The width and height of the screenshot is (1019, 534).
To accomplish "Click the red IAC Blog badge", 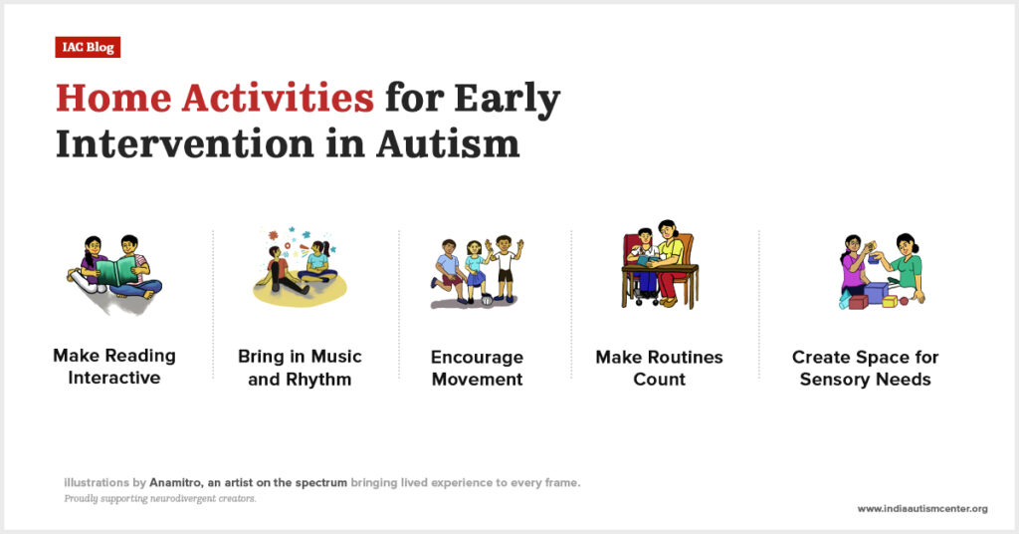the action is (x=88, y=48).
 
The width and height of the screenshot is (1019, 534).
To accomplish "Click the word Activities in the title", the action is (x=278, y=98).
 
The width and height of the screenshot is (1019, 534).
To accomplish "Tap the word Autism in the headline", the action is (x=448, y=143).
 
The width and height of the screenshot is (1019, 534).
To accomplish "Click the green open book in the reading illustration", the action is (x=116, y=271).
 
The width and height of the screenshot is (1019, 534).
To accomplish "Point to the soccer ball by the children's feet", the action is (x=487, y=300).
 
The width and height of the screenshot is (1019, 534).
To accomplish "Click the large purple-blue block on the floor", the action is (x=876, y=292).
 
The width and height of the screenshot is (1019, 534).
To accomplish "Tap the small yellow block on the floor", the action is (x=890, y=301).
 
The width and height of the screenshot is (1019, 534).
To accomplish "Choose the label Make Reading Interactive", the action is (x=114, y=367).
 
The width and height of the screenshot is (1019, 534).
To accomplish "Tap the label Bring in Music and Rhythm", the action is (x=300, y=368).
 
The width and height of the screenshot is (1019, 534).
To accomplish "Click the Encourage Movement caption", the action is (x=477, y=369).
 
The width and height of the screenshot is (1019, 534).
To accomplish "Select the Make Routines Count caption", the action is (x=659, y=369).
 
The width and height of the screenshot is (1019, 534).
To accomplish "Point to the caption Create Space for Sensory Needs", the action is (x=865, y=369).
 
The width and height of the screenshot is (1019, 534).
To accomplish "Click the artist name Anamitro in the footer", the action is (x=175, y=482).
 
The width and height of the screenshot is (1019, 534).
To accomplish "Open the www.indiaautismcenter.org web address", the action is (x=922, y=509).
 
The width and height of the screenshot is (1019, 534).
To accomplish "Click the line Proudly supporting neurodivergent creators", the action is (x=160, y=499).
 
